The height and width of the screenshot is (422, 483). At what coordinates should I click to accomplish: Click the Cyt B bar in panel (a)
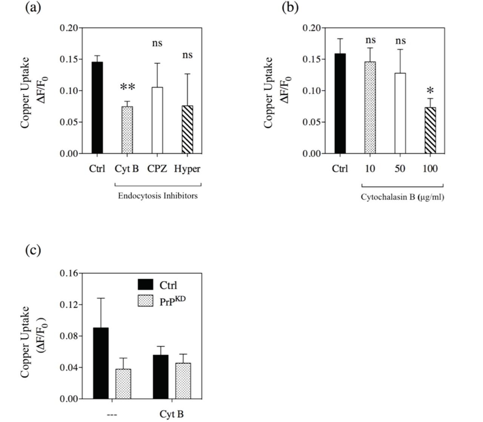[x=127, y=130]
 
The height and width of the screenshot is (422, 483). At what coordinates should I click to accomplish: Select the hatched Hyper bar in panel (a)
[x=187, y=129]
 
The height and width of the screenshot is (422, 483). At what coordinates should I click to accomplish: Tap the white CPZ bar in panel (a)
[x=157, y=120]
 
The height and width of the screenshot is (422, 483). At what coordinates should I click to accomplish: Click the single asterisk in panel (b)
[x=430, y=91]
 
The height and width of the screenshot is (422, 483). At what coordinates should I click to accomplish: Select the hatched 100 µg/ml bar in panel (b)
[x=430, y=131]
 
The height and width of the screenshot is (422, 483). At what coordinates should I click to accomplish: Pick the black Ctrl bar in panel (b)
[x=340, y=104]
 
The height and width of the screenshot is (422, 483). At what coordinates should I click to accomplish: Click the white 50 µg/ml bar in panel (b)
[x=400, y=113]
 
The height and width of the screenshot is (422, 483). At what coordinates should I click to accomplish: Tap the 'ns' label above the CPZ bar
[x=157, y=43]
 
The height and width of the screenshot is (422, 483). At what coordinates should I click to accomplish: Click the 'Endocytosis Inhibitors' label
[x=158, y=196]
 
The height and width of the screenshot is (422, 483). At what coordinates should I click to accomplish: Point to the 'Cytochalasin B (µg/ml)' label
[x=402, y=197]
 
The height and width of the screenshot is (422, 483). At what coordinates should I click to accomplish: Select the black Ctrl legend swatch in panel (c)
[x=145, y=285]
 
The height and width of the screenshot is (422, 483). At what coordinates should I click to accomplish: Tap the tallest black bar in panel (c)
[x=101, y=363]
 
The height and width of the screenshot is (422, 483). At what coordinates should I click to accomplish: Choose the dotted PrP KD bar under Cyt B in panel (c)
[x=183, y=381]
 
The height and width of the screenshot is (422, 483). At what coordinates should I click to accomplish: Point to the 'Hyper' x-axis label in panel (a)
[x=187, y=169]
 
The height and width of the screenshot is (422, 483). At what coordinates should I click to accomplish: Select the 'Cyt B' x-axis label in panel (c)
[x=172, y=414]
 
